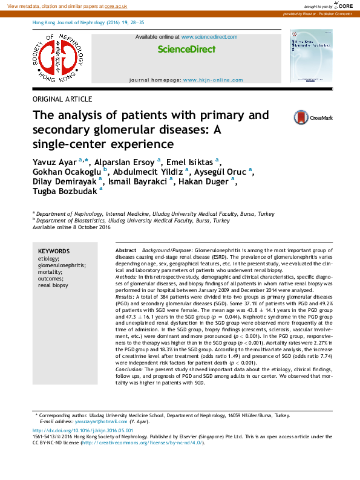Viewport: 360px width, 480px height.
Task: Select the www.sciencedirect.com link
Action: (x=209, y=37)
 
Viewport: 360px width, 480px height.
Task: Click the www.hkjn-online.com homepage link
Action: (x=212, y=80)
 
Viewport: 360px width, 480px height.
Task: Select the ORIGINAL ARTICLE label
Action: (x=62, y=99)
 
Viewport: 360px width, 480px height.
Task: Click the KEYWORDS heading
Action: (x=53, y=251)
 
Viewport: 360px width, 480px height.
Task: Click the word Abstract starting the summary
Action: (x=126, y=250)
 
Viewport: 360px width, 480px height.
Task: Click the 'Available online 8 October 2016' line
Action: (x=71, y=228)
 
